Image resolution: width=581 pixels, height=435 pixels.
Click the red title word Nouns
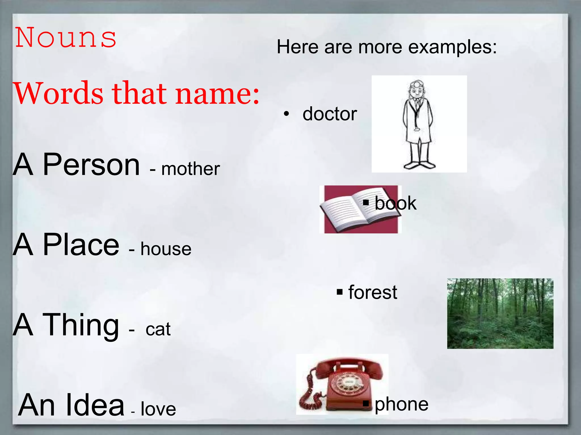(66, 38)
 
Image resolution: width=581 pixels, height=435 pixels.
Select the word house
(166, 249)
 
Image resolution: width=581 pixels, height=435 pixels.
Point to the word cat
(158, 329)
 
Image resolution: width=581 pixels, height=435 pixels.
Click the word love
(158, 409)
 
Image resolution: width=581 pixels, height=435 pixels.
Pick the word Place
(81, 244)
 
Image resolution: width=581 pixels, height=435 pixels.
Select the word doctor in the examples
(330, 114)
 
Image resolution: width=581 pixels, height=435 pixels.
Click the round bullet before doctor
(287, 114)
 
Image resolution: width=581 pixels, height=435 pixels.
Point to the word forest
(373, 292)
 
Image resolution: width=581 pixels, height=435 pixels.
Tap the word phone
(401, 404)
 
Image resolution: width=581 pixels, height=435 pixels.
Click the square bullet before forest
(340, 292)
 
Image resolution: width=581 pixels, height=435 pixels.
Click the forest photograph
(500, 314)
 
